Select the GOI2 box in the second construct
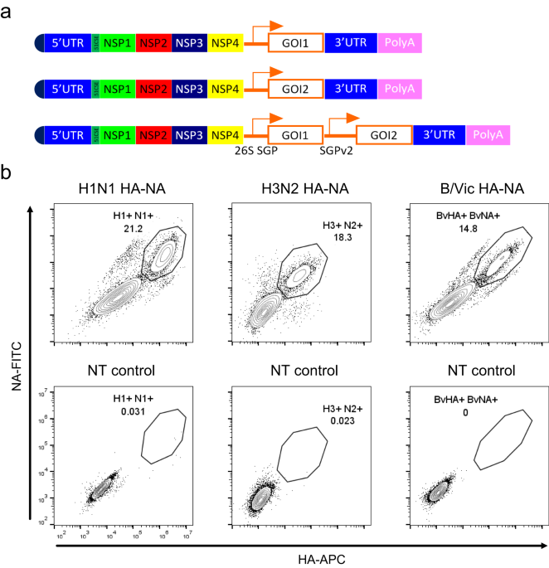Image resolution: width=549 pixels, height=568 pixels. point(295,86)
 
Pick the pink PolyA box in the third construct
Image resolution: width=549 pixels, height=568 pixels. point(488,134)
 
